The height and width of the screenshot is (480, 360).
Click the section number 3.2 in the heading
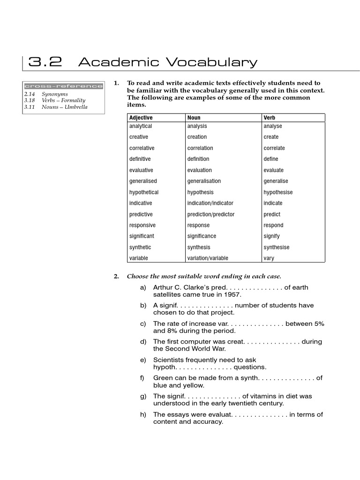[45, 62]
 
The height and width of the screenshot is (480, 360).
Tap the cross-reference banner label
[63, 86]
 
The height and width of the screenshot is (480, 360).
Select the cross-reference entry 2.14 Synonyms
[45, 94]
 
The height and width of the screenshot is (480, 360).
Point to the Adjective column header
[141, 118]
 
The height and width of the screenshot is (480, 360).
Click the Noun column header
[194, 118]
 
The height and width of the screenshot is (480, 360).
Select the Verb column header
[269, 118]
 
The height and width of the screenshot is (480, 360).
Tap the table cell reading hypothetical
[144, 192]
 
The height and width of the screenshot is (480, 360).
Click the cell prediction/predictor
[210, 214]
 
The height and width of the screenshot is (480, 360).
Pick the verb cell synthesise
[276, 247]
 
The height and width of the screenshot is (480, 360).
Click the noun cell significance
[202, 236]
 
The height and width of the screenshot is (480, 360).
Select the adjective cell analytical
[141, 126]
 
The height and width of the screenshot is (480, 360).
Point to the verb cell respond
[273, 225]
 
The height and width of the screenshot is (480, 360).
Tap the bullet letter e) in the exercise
[143, 360]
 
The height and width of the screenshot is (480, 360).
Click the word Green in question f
[163, 378]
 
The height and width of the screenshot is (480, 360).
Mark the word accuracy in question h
[209, 422]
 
